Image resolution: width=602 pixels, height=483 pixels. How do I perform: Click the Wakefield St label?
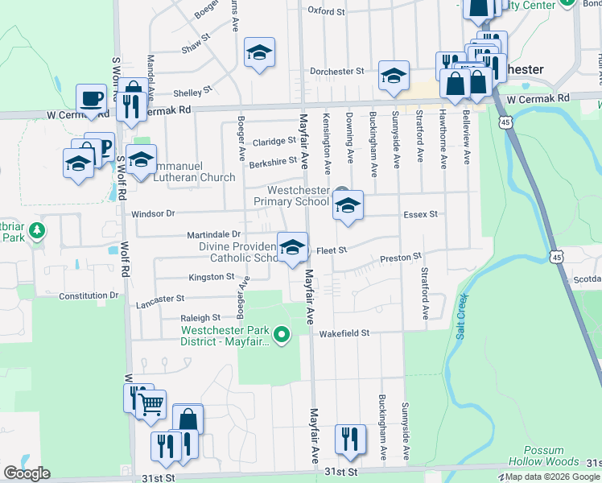344,332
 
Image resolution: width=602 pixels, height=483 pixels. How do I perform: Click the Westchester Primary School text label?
291,196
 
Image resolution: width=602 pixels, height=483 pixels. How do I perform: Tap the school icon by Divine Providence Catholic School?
292,246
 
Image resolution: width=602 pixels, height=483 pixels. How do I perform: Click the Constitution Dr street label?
89,295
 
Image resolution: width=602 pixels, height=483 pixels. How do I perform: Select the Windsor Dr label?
153,214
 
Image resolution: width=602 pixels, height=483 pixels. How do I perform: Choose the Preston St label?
401,258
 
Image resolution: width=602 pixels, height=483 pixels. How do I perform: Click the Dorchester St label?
337,72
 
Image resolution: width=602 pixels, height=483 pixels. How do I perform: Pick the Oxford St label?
326,12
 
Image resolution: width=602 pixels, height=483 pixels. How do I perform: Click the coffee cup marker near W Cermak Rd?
91,98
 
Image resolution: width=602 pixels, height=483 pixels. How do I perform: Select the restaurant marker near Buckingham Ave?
349,437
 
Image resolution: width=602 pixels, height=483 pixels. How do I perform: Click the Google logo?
26,473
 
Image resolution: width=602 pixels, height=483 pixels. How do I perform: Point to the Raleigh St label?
200,318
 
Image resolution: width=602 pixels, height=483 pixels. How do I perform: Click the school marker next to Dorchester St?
394,75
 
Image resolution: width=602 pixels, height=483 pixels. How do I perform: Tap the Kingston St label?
211,277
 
